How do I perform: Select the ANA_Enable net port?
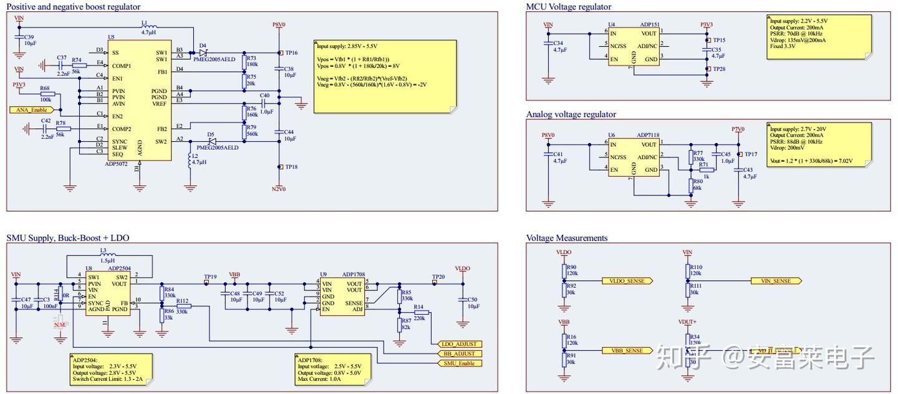coord(29,109)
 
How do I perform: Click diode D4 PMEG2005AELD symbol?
coord(203,52)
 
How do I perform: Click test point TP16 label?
coord(291,53)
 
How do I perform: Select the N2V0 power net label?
coord(279,188)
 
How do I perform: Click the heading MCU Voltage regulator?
coord(568,7)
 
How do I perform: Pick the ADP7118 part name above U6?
coord(648,135)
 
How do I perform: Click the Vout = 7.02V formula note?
coord(811,160)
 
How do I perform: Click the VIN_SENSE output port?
coord(776,281)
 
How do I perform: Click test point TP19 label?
coord(210,277)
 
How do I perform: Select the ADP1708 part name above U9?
coord(354,274)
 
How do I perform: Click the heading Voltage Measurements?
coord(566,238)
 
